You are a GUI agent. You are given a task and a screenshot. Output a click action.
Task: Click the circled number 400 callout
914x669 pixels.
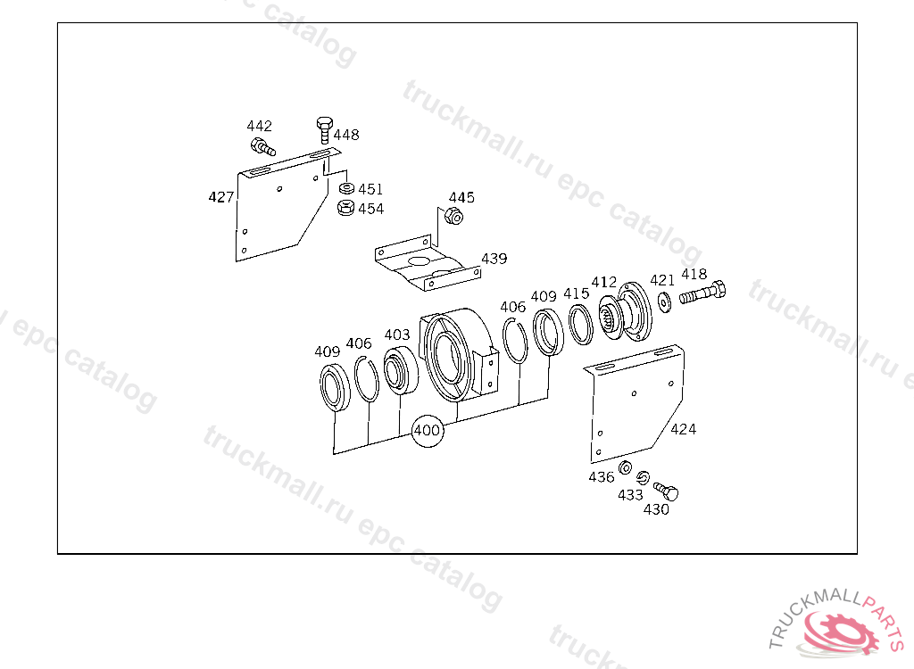[428, 431]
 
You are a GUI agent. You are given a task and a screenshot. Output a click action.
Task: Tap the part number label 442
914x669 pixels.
[260, 126]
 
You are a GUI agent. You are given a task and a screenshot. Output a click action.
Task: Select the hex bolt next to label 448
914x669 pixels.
[325, 130]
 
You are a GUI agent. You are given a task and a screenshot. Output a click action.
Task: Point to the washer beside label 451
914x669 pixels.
[346, 188]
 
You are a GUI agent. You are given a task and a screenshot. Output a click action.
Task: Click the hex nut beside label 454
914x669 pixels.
[345, 208]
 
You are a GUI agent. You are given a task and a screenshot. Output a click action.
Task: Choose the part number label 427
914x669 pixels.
[221, 197]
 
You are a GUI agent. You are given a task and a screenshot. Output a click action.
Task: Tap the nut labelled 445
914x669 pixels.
[453, 216]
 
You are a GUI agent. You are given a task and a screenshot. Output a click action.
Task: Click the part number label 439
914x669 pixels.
[494, 258]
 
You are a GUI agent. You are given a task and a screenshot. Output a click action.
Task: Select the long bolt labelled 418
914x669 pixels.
[702, 293]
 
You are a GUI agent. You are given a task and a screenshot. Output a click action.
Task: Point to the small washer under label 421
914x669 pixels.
[664, 301]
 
